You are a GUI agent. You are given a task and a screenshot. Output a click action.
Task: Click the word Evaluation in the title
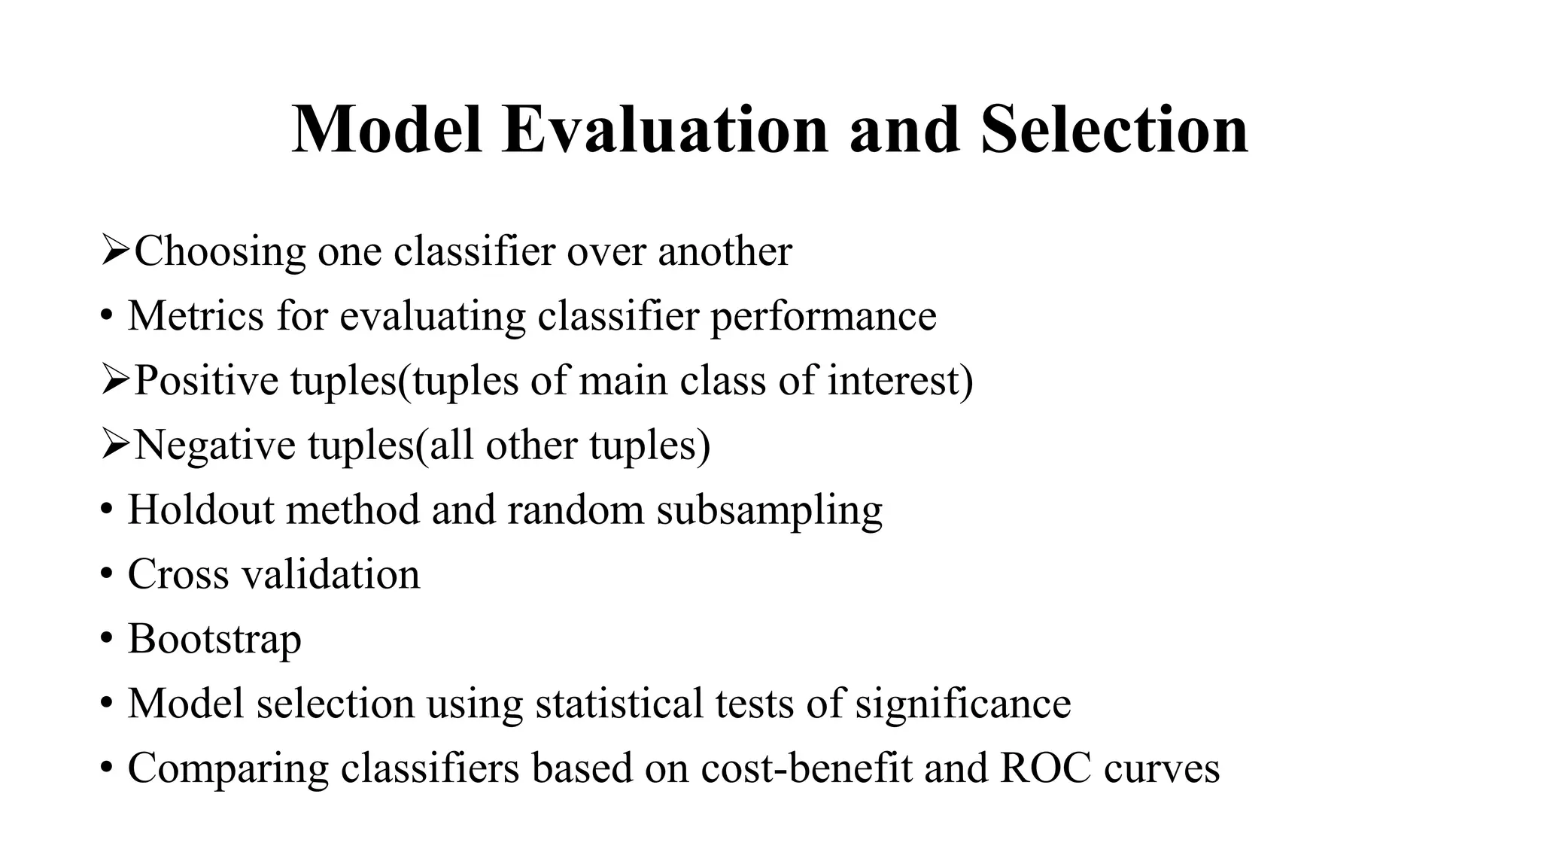click(x=664, y=129)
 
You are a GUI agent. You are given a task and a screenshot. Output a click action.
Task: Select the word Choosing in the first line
click(x=220, y=252)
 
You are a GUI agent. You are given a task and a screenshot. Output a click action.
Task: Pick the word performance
click(x=823, y=317)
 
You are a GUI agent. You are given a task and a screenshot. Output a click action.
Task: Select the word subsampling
click(x=769, y=511)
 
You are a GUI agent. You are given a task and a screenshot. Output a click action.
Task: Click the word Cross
click(x=178, y=574)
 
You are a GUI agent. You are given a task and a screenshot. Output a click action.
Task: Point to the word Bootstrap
click(x=214, y=640)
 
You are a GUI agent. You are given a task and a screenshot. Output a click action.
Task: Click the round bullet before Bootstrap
click(x=107, y=640)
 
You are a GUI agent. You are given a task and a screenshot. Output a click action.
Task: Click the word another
click(x=725, y=252)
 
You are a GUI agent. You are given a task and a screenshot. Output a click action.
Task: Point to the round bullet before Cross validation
click(x=107, y=575)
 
